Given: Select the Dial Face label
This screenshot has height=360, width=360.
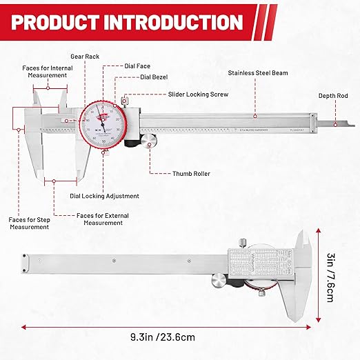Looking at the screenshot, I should tap(139, 66).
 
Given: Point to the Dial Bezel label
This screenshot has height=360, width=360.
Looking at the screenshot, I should tap(154, 78).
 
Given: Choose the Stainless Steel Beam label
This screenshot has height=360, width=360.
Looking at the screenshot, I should tap(257, 72).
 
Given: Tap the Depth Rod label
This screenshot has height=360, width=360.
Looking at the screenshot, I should tap(332, 96).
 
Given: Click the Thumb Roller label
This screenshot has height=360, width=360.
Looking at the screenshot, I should tap(192, 174).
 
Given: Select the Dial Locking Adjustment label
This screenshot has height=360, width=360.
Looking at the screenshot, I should tap(105, 196).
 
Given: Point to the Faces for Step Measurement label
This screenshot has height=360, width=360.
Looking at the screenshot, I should tap(28, 223).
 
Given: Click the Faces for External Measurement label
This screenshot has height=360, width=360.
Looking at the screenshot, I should tap(103, 219).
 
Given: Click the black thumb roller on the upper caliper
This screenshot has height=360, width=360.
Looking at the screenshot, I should tap(150, 141).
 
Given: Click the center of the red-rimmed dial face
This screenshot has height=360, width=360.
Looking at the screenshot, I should tap(103, 125).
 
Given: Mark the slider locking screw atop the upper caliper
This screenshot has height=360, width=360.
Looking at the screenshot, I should tap(125, 98).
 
